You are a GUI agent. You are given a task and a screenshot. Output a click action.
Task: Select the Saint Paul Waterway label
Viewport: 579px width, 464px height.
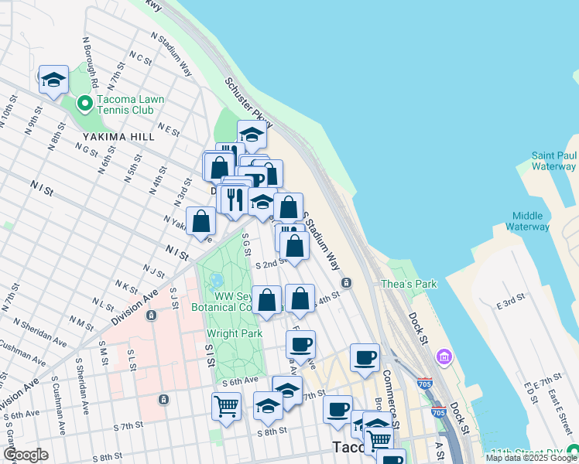tap(553, 161)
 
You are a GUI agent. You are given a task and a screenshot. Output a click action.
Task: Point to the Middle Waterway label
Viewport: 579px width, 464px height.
tap(527, 221)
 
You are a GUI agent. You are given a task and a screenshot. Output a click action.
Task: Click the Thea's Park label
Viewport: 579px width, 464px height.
tap(409, 284)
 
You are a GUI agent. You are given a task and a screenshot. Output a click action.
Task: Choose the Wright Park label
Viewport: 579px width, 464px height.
tap(234, 334)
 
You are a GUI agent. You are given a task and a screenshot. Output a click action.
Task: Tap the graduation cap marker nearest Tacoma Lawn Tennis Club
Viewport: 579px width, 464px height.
tap(53, 80)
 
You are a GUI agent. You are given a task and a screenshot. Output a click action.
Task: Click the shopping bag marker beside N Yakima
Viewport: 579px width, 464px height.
tap(201, 222)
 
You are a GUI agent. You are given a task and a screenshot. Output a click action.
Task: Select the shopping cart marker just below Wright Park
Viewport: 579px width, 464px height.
tap(226, 405)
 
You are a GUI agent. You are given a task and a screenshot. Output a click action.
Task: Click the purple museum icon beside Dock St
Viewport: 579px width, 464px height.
tap(444, 357)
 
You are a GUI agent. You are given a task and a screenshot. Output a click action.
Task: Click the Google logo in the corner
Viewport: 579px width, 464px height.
tap(26, 455)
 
